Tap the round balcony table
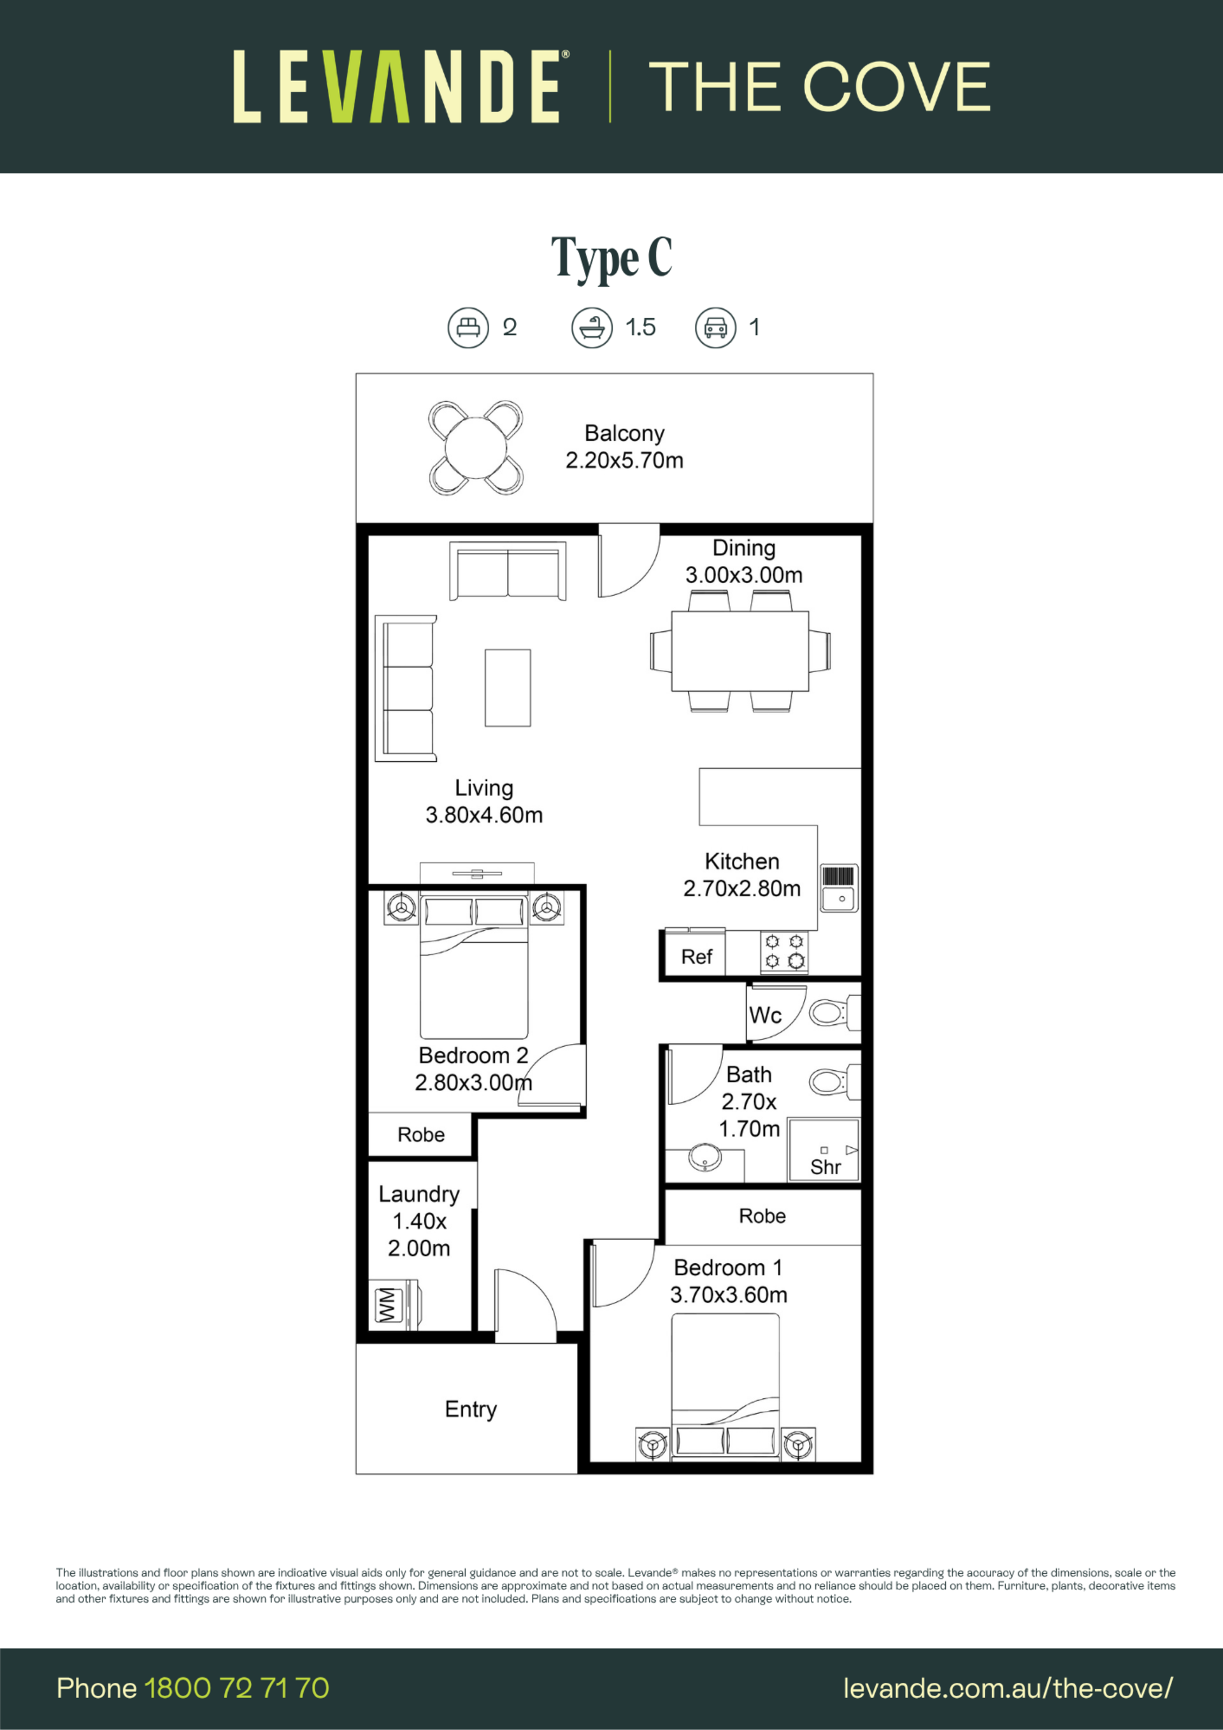475,448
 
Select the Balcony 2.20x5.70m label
625,447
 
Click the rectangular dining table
740,651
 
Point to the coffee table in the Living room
507,688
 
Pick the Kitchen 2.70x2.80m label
742,875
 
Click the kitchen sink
839,887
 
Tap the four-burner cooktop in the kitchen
784,951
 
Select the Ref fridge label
696,957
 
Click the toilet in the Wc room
835,1013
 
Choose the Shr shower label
825,1167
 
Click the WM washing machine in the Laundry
396,1305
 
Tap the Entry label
471,1409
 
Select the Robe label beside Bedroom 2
421,1134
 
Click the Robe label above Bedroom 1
762,1216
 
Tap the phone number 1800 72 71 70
236,1688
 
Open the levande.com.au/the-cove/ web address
1008,1689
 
